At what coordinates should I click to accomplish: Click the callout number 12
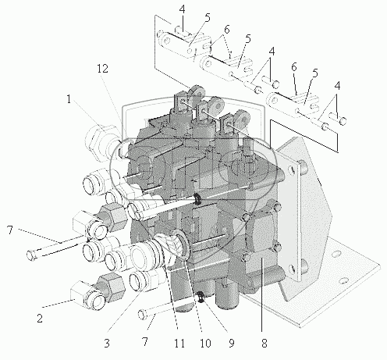(102, 69)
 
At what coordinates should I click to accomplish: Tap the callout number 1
(69, 99)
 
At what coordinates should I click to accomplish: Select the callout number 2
(40, 318)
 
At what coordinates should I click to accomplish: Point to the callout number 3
(107, 343)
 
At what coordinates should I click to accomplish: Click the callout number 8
(265, 344)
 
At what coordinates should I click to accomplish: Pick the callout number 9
(232, 344)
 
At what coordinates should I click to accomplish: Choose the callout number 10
(205, 344)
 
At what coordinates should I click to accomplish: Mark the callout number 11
(179, 344)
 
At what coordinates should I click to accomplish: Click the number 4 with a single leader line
(183, 9)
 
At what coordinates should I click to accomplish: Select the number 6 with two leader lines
(226, 30)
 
